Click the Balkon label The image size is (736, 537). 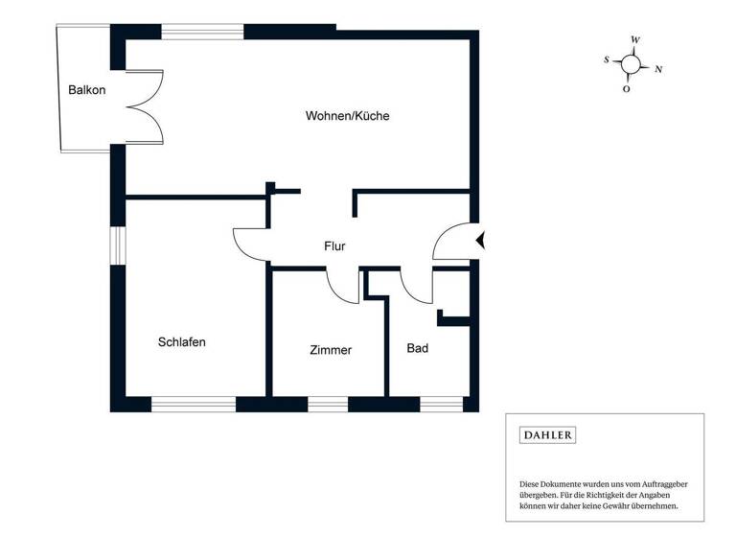86,90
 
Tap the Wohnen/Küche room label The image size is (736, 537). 347,116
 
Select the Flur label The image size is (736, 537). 334,246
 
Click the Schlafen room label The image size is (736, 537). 182,341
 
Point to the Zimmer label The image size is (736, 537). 331,350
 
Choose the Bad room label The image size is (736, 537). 417,348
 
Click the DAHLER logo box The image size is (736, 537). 547,435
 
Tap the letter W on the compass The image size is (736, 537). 635,40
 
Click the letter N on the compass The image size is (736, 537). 658,69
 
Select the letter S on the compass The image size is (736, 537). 607,59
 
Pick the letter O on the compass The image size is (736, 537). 626,89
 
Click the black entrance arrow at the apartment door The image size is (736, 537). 482,241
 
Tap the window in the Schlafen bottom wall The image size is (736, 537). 194,404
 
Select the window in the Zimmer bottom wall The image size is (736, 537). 327,404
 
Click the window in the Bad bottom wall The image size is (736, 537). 442,404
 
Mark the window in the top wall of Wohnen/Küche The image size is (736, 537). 202,32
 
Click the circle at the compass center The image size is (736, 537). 631,64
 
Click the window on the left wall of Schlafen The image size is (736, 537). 117,245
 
